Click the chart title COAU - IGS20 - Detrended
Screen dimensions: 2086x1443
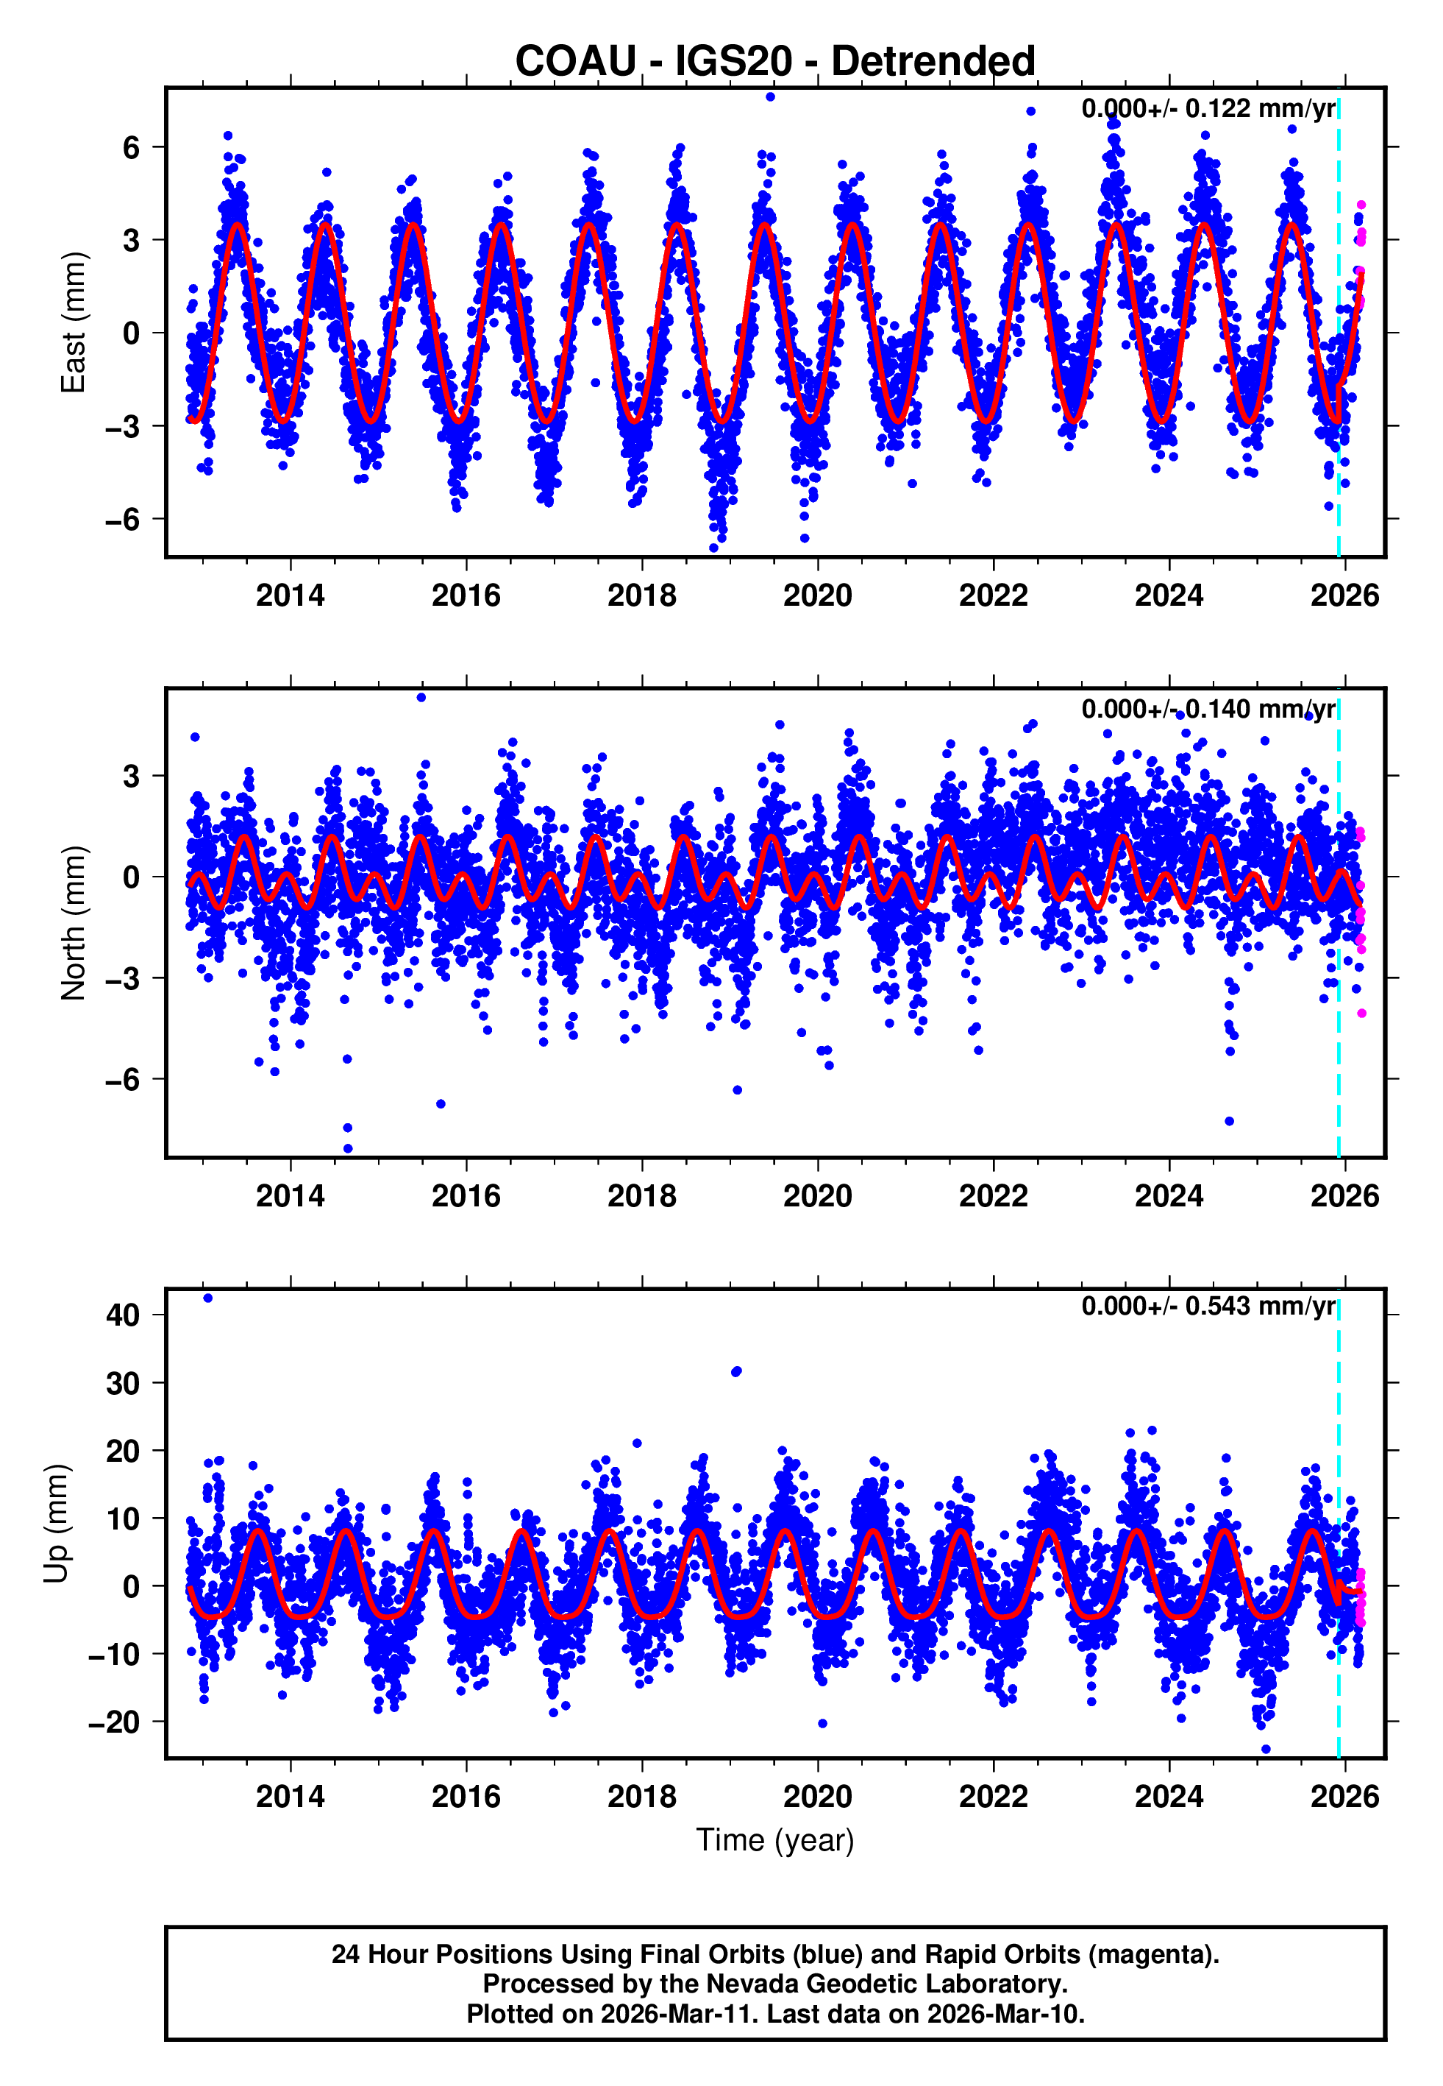[775, 62]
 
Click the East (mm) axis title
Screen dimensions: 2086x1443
[74, 322]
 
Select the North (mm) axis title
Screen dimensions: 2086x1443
[74, 923]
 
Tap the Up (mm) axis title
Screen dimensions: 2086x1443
[56, 1524]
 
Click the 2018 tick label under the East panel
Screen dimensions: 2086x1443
[641, 595]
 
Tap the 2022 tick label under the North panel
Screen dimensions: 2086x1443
[993, 1196]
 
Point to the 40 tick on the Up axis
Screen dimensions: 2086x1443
[123, 1315]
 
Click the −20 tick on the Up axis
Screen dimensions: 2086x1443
[114, 1722]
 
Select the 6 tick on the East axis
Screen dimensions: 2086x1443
[132, 146]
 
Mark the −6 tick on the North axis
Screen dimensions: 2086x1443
[123, 1079]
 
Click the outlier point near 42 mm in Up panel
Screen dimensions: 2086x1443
[208, 1298]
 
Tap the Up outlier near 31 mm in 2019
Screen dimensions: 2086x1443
[736, 1372]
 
